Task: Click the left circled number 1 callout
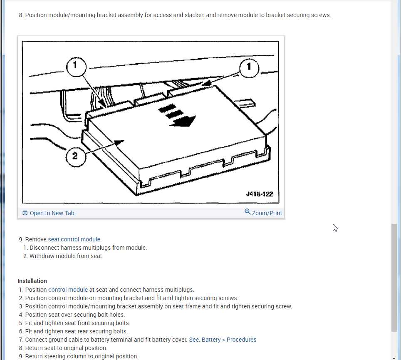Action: (x=75, y=65)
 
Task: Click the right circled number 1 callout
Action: (x=249, y=67)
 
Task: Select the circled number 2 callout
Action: (x=75, y=156)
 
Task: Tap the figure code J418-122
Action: (x=260, y=194)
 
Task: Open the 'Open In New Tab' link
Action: (x=52, y=213)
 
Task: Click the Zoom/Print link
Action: (x=267, y=213)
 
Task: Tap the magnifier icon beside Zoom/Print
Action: (x=248, y=212)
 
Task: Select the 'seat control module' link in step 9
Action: (x=74, y=239)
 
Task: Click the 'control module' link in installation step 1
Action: (x=68, y=290)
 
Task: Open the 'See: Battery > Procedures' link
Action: (x=223, y=340)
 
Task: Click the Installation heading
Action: (x=32, y=281)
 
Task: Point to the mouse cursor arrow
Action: (x=334, y=227)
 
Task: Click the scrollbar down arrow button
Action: (x=394, y=357)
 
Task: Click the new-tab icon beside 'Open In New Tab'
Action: (x=25, y=213)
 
